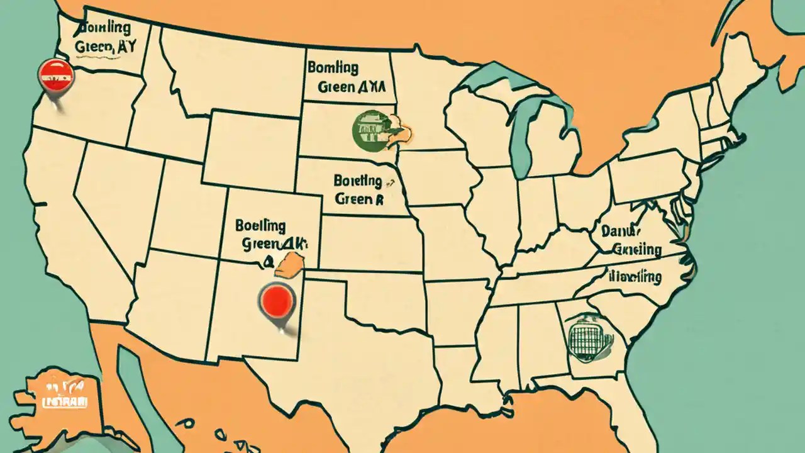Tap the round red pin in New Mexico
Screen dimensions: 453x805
[277, 299]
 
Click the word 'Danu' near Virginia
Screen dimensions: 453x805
[620, 232]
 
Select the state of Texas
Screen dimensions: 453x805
[365, 352]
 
